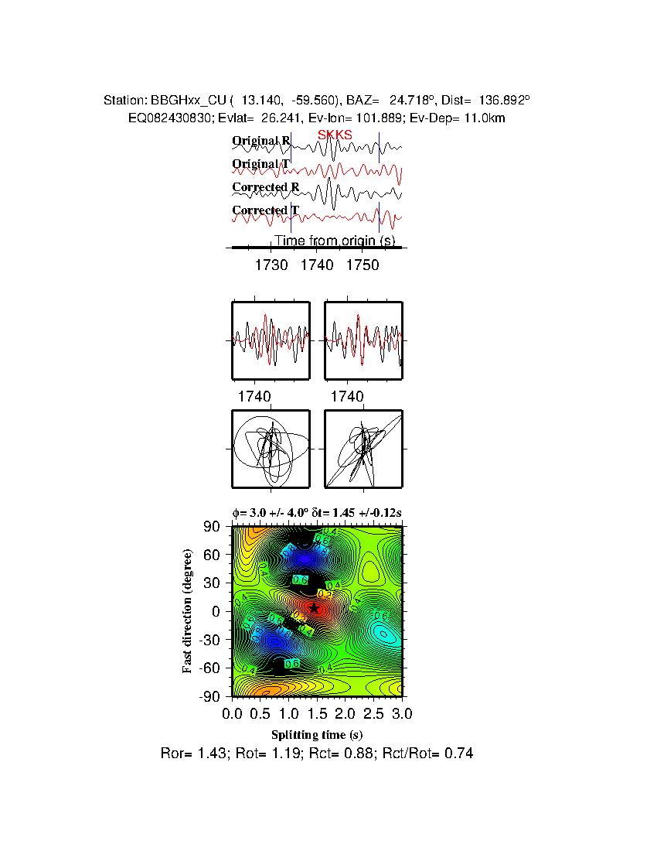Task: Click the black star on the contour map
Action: [x=315, y=608]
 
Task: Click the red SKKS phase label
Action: [x=335, y=135]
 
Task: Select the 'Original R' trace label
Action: [x=260, y=141]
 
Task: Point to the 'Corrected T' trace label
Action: [x=260, y=210]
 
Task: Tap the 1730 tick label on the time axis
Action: [x=271, y=265]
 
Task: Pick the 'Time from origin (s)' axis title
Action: [x=335, y=241]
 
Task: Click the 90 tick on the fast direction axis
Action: [x=213, y=527]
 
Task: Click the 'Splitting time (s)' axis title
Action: [x=317, y=734]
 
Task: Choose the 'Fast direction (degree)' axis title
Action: [x=188, y=611]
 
